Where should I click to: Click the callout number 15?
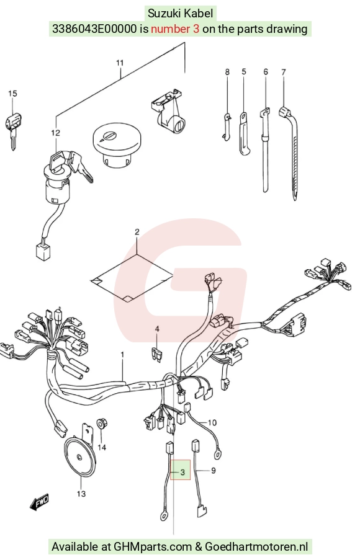12,94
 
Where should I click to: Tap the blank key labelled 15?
12,130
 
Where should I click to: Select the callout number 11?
120,63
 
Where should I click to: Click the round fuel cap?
116,144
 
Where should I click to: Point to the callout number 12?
55,133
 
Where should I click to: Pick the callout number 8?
227,72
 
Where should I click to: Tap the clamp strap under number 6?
265,150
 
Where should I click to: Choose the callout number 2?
137,232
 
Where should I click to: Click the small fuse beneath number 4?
157,354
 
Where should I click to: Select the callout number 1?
122,355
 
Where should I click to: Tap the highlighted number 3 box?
181,470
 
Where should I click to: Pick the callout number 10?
212,423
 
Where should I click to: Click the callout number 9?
214,471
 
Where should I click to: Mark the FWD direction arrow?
39,502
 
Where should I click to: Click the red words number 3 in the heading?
175,29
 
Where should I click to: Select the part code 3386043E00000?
95,29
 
